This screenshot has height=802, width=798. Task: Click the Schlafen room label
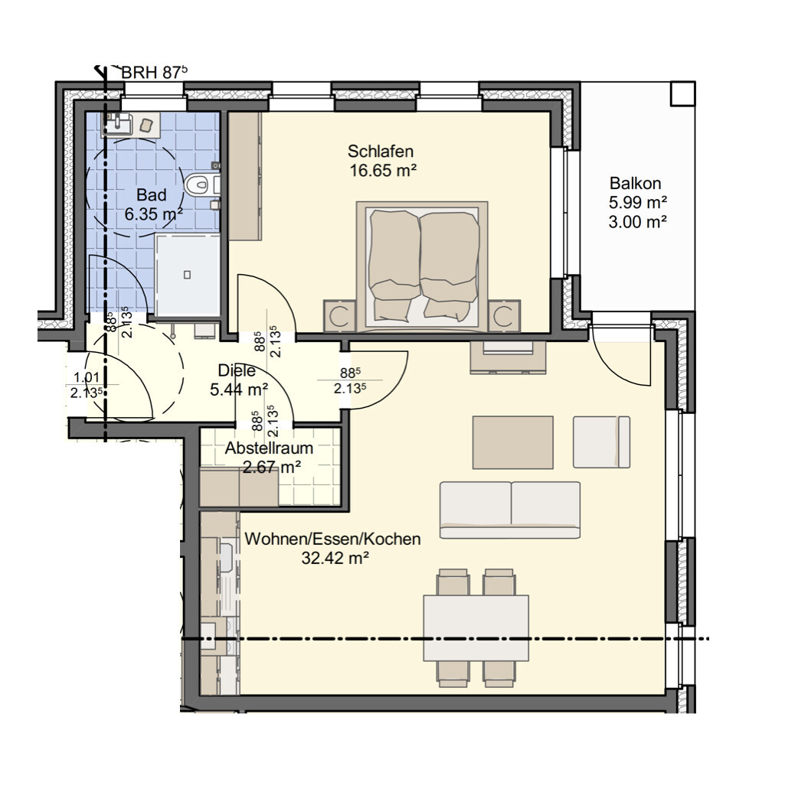coord(381,152)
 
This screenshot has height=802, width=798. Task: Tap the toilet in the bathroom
coord(201,184)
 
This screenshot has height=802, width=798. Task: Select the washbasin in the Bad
coord(119,124)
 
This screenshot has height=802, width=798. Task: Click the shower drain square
coord(188,275)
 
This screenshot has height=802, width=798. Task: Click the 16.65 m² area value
coord(383,171)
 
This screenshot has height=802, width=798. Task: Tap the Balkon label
coord(635,183)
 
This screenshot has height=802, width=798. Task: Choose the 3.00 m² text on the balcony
coord(637,222)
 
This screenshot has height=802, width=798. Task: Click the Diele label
coord(237,370)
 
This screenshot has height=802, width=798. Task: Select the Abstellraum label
coord(270,448)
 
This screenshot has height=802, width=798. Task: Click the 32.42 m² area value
coord(335,558)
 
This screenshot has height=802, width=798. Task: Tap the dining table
coord(476,628)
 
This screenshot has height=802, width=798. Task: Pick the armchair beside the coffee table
coord(601,442)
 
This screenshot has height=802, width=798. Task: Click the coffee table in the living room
coord(513,442)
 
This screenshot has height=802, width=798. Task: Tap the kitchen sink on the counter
coord(226,558)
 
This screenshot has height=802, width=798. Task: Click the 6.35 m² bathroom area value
coord(154,214)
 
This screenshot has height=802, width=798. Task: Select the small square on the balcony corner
coord(683,93)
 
